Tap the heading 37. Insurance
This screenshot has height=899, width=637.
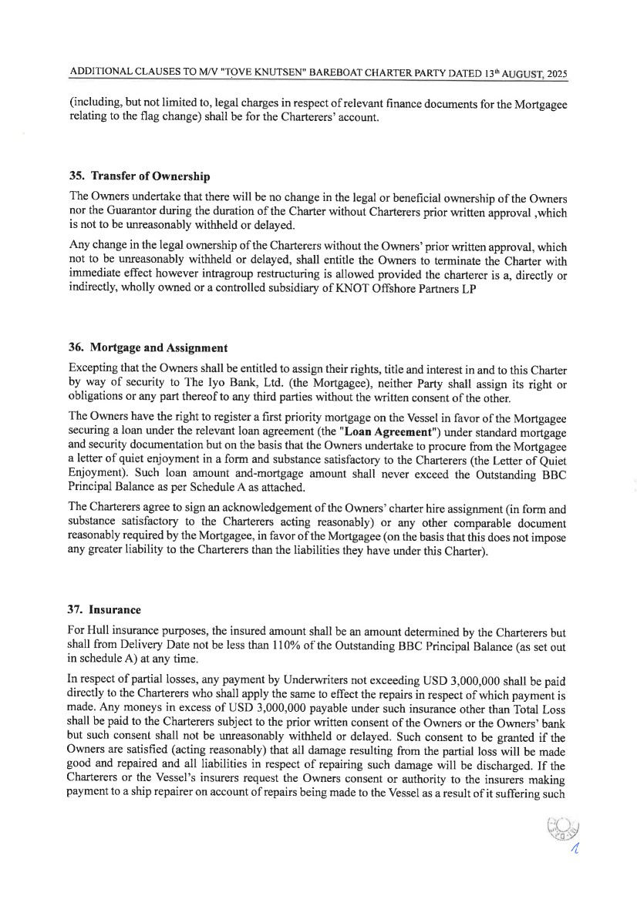[x=105, y=609]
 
